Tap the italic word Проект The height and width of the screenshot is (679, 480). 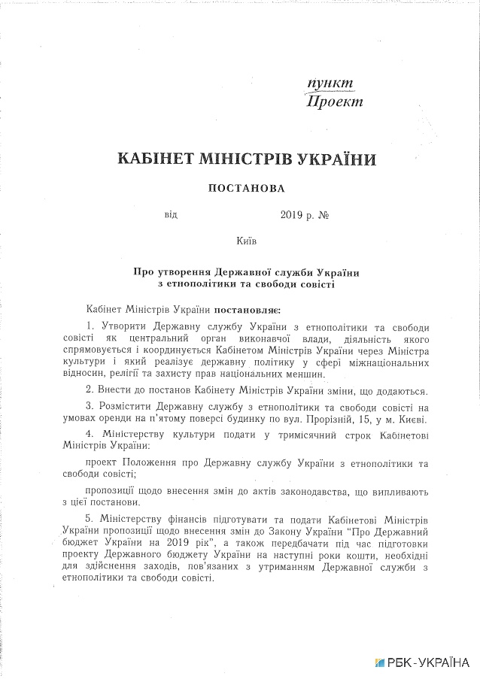335,101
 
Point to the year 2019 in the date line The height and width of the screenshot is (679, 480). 291,215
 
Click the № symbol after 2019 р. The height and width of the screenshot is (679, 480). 325,215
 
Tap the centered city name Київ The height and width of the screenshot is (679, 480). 246,241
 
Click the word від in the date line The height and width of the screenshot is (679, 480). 171,215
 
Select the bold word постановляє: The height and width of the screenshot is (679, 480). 248,309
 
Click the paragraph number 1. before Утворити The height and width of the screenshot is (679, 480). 90,325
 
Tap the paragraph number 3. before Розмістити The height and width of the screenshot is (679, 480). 90,407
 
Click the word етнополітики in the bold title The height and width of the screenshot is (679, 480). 215,284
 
